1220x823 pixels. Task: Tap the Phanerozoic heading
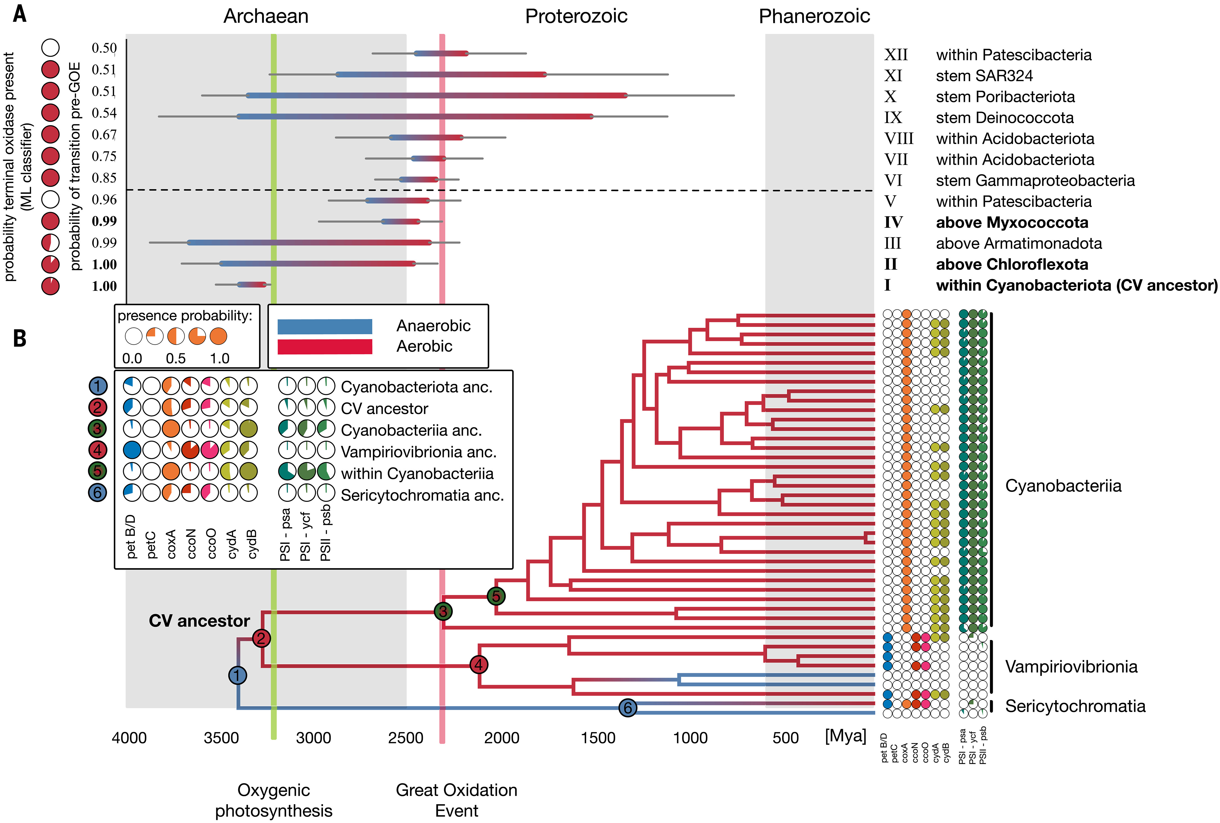(x=814, y=16)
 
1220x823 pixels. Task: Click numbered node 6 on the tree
(x=628, y=708)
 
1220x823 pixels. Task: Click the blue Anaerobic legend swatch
(x=325, y=327)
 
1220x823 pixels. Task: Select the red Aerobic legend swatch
(x=325, y=346)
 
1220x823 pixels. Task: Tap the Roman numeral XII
(x=896, y=55)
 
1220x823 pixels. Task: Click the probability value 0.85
(x=104, y=178)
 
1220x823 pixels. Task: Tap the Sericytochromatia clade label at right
(x=1076, y=706)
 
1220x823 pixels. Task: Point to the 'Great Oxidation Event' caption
(x=456, y=800)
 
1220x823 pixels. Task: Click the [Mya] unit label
(x=845, y=736)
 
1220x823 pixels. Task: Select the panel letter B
(x=20, y=338)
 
